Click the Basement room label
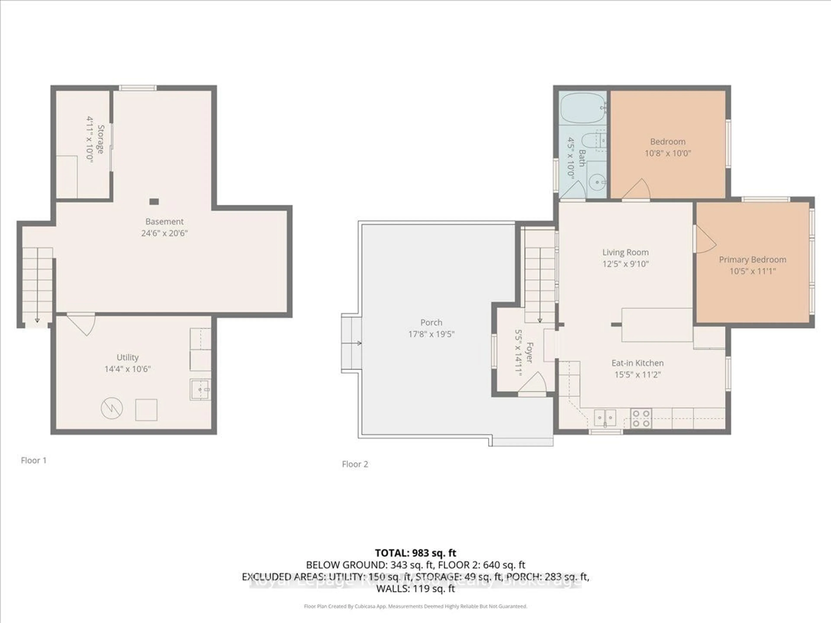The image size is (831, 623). [x=164, y=222]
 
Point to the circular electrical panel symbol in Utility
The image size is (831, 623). [x=112, y=409]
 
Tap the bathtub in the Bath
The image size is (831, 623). [x=583, y=108]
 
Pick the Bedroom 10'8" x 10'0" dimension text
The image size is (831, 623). [x=668, y=153]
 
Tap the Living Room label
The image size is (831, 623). [x=625, y=252]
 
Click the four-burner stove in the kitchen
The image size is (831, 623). [x=641, y=418]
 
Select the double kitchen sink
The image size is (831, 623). [x=605, y=417]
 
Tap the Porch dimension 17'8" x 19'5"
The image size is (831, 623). [x=431, y=334]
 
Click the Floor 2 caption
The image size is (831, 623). [x=355, y=464]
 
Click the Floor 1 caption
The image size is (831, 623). [x=34, y=460]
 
